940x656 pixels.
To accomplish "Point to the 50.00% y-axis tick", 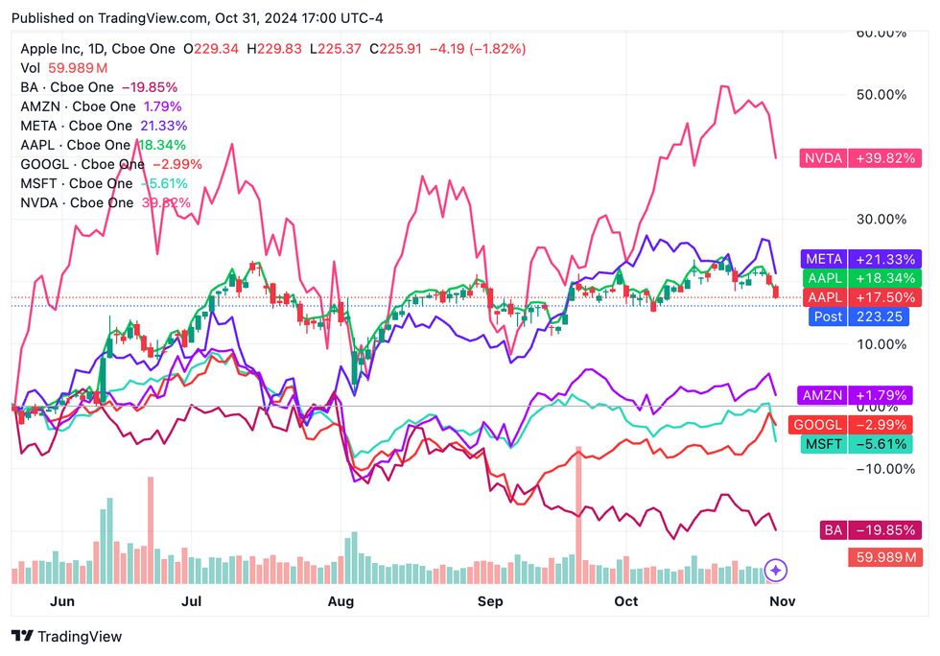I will pos(879,95).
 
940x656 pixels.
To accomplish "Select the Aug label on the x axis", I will pos(341,601).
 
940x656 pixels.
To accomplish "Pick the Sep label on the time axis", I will pos(490,601).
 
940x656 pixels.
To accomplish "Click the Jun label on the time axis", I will pos(61,601).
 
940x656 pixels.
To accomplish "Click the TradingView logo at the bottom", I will pos(67,637).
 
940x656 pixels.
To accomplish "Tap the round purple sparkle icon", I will pos(778,570).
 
